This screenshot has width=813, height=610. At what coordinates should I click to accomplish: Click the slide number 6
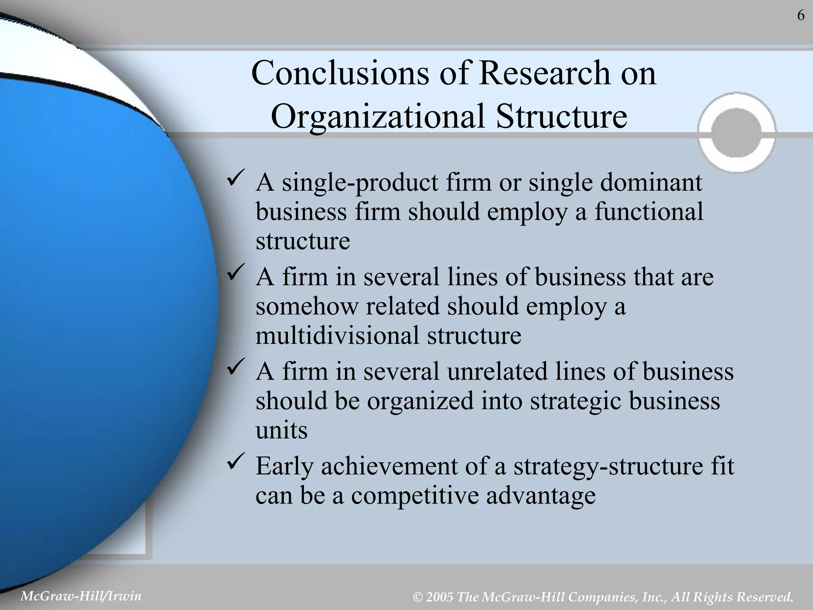tap(801, 16)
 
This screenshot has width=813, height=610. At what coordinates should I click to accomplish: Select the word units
tap(281, 430)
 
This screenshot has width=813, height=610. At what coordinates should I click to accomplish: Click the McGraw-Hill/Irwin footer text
tap(81, 596)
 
